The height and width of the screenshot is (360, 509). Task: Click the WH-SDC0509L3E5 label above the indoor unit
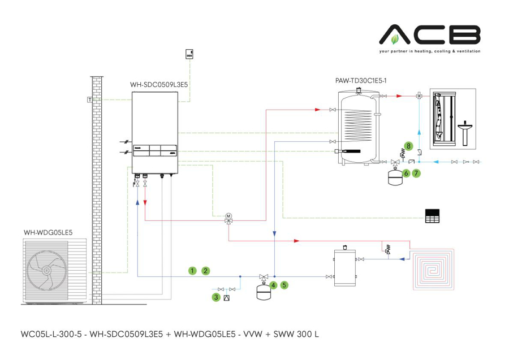[159, 85]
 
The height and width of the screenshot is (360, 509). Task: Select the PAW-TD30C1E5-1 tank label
[361, 80]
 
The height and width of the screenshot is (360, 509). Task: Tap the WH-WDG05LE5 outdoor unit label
[48, 232]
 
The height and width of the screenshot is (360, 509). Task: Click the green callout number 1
[192, 271]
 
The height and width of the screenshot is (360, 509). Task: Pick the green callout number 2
[206, 271]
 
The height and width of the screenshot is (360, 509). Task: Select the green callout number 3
[216, 297]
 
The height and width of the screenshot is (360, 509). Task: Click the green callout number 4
[273, 285]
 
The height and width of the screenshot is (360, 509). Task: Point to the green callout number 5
[284, 285]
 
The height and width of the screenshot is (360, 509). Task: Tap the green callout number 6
[406, 174]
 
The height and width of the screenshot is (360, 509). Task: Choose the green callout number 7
[416, 174]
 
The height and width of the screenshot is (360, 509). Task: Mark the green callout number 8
[408, 146]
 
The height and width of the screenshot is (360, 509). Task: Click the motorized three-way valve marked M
[228, 218]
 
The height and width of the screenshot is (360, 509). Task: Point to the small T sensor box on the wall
[89, 99]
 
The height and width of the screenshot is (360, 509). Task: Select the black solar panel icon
[432, 216]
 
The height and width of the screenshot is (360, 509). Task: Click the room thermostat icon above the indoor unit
[189, 54]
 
